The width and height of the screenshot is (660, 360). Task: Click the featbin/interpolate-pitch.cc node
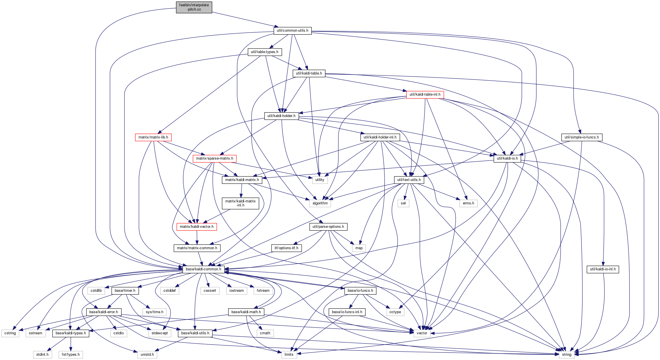pyautogui.click(x=194, y=7)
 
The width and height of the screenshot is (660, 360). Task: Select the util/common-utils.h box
pyautogui.click(x=292, y=31)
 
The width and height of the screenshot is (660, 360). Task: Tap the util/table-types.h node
pyautogui.click(x=264, y=52)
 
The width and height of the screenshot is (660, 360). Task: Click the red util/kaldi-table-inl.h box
pyautogui.click(x=425, y=94)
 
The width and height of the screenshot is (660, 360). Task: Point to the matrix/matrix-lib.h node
pyautogui.click(x=153, y=137)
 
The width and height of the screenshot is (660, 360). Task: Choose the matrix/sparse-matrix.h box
pyautogui.click(x=214, y=158)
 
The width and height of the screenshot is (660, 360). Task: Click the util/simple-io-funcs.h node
pyautogui.click(x=581, y=137)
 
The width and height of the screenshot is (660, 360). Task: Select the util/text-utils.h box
pyautogui.click(x=409, y=180)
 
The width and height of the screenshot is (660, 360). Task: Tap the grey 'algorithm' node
pyautogui.click(x=320, y=203)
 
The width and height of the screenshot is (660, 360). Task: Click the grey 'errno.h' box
pyautogui.click(x=468, y=203)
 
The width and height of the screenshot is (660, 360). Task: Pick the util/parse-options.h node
pyautogui.click(x=328, y=227)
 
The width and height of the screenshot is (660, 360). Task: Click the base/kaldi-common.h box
pyautogui.click(x=203, y=269)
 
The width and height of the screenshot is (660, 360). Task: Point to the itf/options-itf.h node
pyautogui.click(x=286, y=248)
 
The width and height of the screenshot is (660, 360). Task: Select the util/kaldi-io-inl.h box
pyautogui.click(x=603, y=269)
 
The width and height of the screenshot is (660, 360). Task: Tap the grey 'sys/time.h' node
pyautogui.click(x=154, y=312)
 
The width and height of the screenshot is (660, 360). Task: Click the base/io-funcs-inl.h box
pyautogui.click(x=347, y=312)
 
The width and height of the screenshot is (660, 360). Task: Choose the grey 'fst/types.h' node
pyautogui.click(x=71, y=355)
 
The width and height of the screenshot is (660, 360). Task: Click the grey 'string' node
pyautogui.click(x=566, y=355)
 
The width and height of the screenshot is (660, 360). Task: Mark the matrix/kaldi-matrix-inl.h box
pyautogui.click(x=240, y=203)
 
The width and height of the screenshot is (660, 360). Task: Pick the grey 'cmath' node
pyautogui.click(x=265, y=333)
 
